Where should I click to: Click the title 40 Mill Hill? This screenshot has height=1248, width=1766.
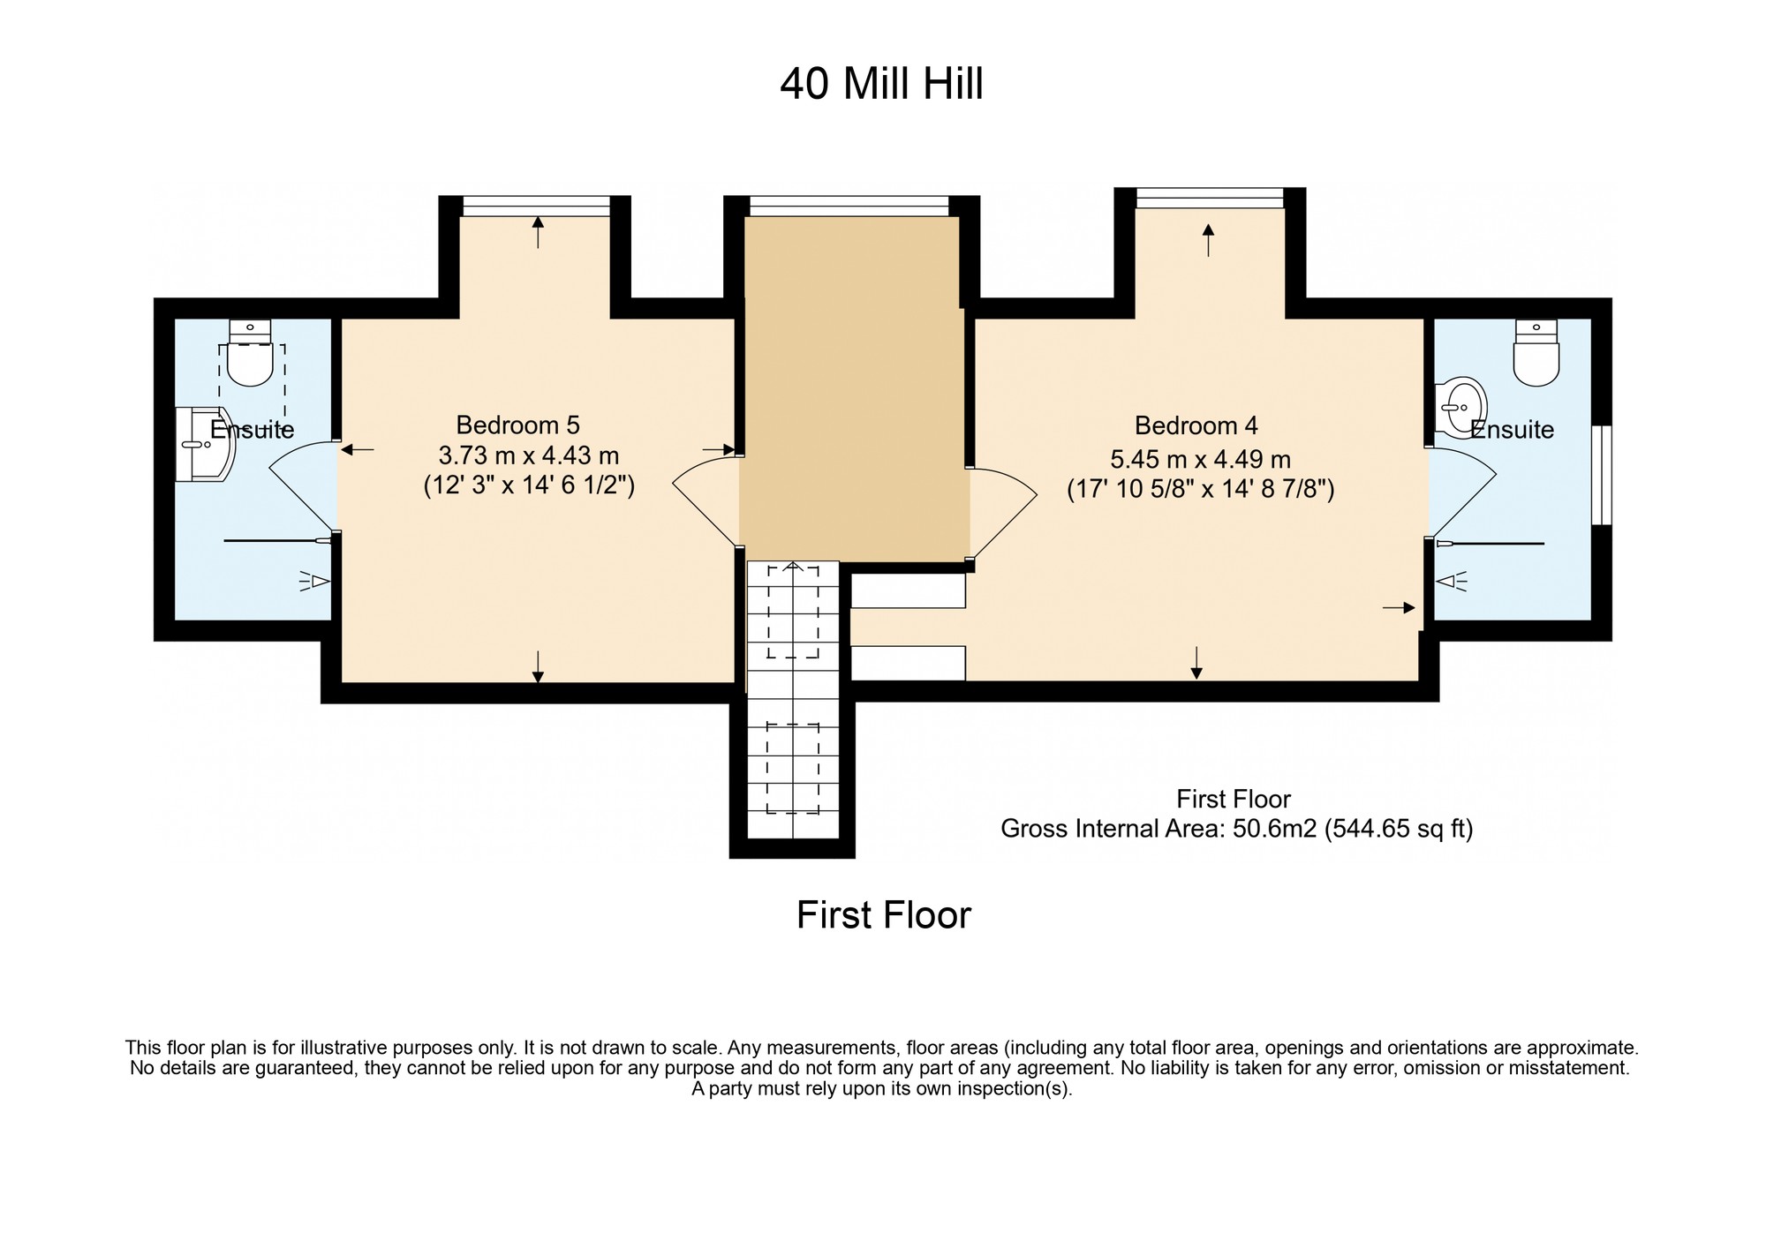click(x=881, y=85)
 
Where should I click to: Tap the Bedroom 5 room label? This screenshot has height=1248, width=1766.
click(x=518, y=425)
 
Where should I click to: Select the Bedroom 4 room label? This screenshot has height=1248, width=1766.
click(x=1196, y=425)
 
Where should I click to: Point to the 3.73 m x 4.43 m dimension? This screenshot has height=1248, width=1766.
click(x=529, y=455)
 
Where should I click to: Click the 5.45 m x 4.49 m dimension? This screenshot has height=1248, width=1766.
click(x=1200, y=459)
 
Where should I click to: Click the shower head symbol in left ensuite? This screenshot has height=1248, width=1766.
click(x=314, y=581)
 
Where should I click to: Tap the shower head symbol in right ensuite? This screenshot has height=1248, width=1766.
click(x=1452, y=581)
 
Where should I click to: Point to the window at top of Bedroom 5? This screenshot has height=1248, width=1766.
click(x=536, y=206)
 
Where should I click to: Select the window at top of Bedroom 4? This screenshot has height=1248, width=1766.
click(x=1209, y=198)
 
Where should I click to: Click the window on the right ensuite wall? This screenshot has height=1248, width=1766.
click(x=1602, y=475)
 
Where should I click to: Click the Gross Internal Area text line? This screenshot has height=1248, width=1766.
click(x=1236, y=829)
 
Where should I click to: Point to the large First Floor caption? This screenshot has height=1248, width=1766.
click(x=884, y=915)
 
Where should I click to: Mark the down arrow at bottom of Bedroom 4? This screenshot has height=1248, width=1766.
click(x=1196, y=663)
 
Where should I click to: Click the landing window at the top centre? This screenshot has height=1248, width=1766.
click(x=849, y=206)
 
